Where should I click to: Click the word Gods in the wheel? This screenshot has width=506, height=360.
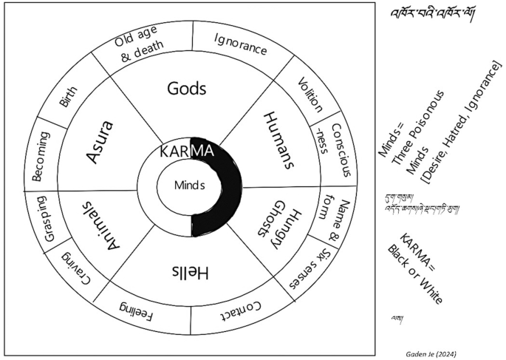click(186, 89)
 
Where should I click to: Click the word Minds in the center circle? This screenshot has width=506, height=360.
click(189, 186)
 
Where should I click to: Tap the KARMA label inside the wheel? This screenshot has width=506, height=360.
click(188, 152)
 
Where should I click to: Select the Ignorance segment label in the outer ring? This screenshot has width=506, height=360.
click(240, 43)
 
